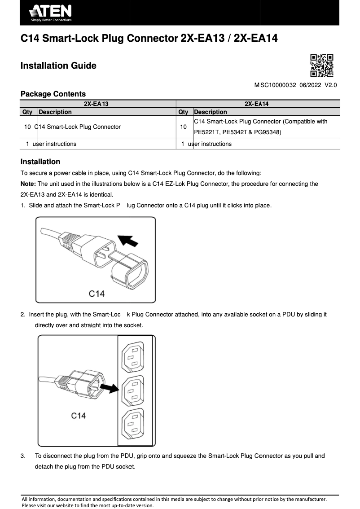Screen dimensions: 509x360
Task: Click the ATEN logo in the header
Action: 50,13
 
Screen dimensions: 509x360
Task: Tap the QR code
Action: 322,66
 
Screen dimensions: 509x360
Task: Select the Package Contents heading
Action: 53,94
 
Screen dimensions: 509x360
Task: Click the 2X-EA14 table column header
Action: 256,104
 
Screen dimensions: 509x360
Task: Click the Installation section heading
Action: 40,162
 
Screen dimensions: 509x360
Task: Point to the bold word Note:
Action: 28,184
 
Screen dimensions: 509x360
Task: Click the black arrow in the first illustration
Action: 129,241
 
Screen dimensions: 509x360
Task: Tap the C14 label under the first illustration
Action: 97,294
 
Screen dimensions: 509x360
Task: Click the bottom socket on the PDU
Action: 133,426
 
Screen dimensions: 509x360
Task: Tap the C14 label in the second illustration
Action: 78,416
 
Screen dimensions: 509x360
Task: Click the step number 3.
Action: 23,456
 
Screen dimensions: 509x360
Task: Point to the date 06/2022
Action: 309,85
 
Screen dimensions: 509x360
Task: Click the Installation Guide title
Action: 58,66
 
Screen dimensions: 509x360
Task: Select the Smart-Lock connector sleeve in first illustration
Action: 131,272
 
